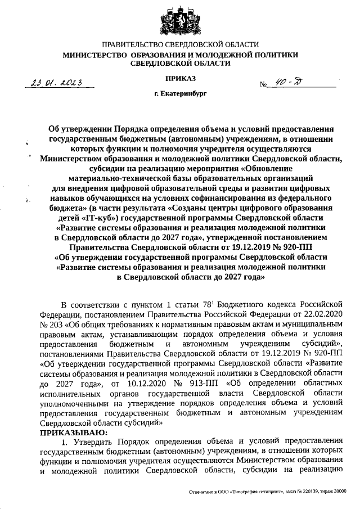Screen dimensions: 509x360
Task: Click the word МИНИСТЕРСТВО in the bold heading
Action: (94, 55)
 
